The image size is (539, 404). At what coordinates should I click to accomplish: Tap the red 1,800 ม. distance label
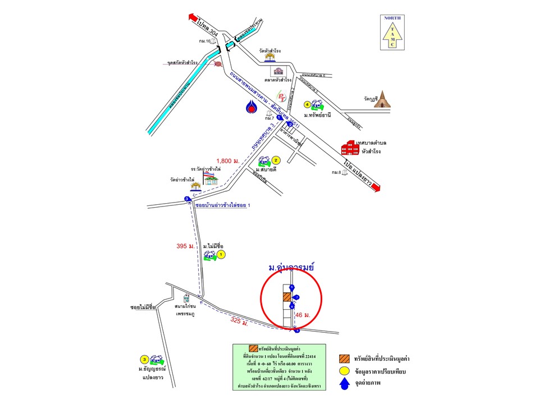tap(228, 162)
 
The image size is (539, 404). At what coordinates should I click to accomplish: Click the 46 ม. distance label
tap(303, 315)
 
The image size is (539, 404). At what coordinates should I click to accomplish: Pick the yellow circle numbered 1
tap(221, 255)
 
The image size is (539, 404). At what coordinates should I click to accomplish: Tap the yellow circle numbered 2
tap(276, 160)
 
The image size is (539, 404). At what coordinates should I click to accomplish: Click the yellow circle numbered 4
tap(307, 104)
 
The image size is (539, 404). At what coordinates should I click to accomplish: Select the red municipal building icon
tap(350, 148)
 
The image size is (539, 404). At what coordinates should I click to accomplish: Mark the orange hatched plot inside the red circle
tap(286, 296)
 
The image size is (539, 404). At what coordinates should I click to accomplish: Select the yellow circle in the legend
tap(344, 371)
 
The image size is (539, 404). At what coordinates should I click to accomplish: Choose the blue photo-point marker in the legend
tap(344, 384)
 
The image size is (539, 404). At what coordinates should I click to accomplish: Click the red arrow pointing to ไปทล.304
tap(194, 19)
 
